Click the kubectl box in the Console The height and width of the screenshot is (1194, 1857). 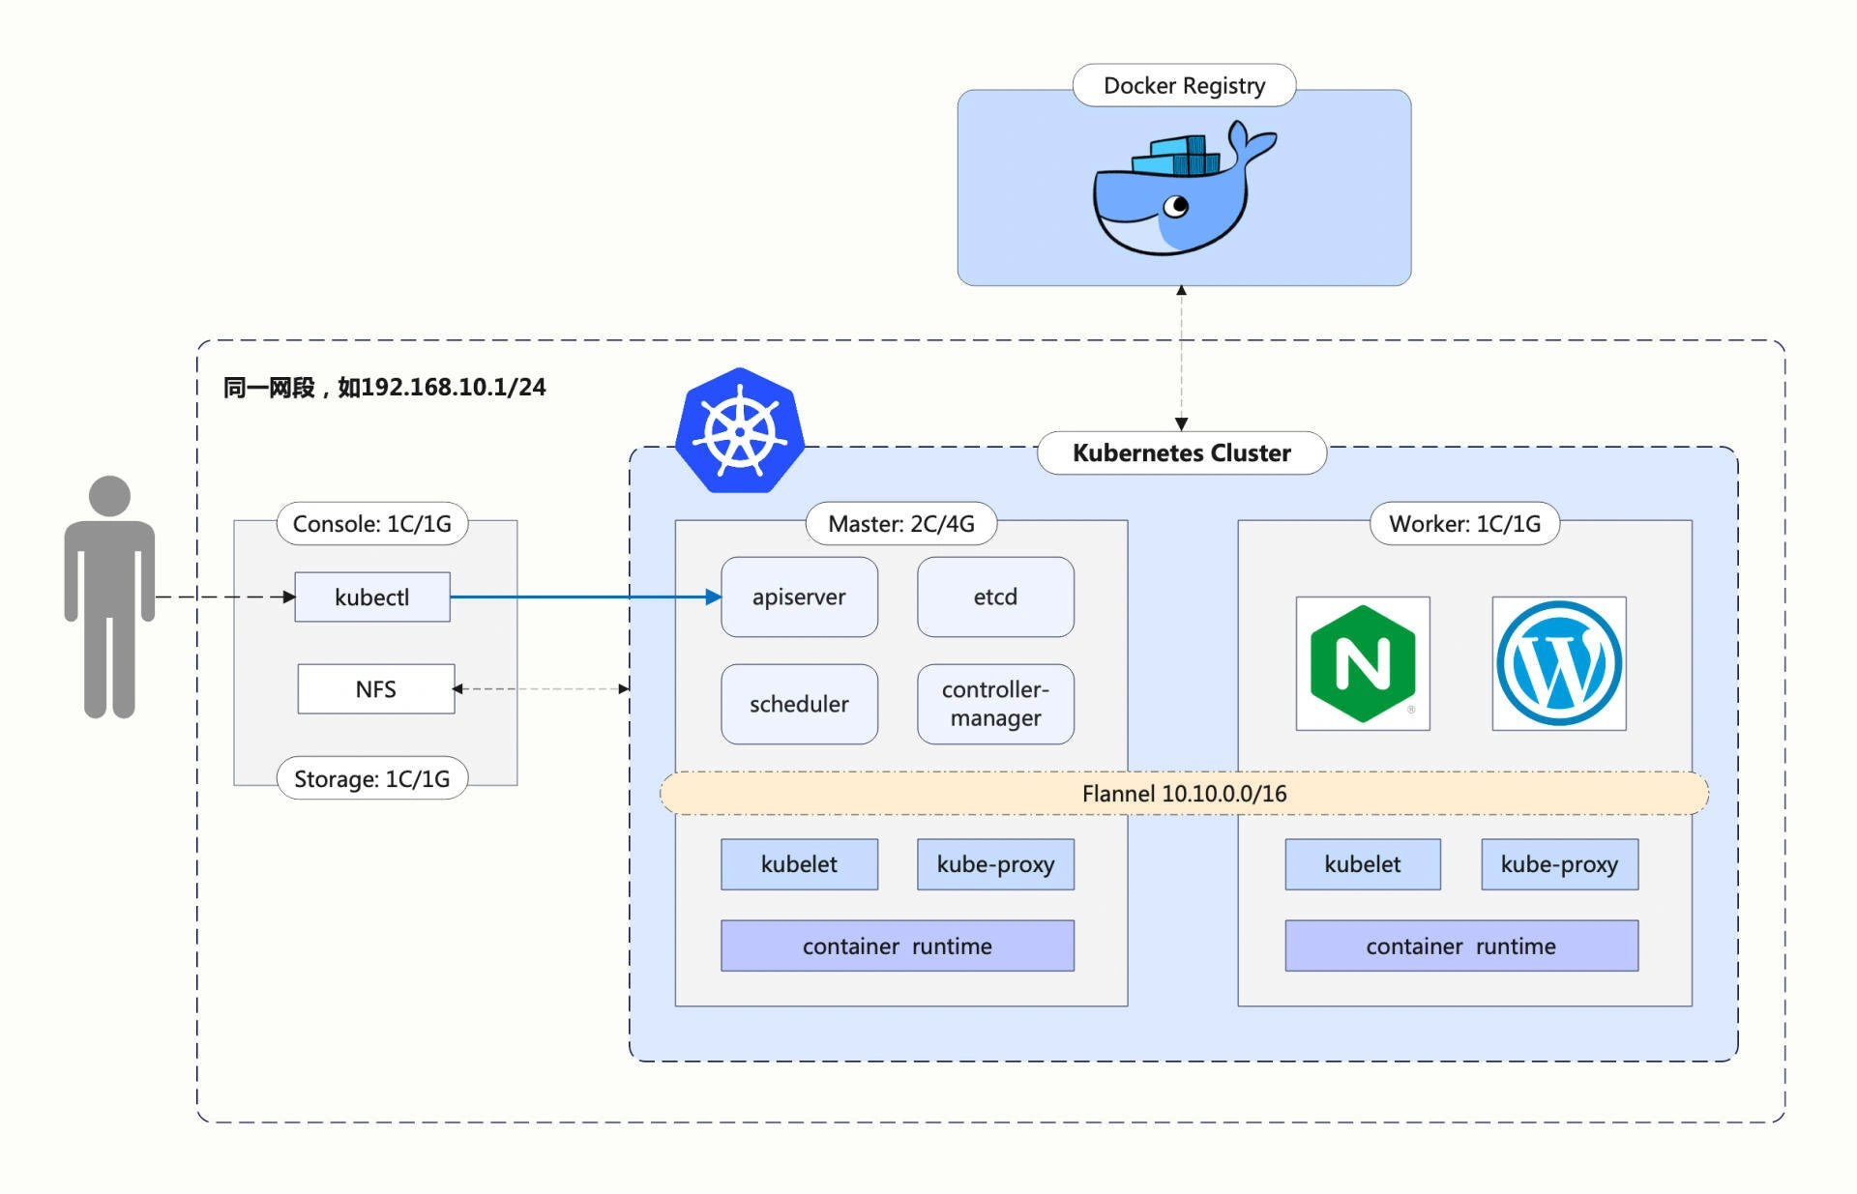pyautogui.click(x=372, y=597)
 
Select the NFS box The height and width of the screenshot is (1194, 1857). pyautogui.click(x=376, y=688)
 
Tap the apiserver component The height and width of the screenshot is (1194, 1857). pyautogui.click(x=800, y=597)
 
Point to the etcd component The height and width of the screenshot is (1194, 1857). pyautogui.click(x=995, y=597)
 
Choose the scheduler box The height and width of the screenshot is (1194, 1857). pyautogui.click(x=800, y=704)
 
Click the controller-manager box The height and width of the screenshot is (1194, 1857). pyautogui.click(x=995, y=704)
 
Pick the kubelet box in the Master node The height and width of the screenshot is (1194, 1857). pyautogui.click(x=800, y=864)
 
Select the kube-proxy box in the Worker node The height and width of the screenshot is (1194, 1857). pyautogui.click(x=1559, y=864)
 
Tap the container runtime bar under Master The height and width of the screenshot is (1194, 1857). pyautogui.click(x=898, y=946)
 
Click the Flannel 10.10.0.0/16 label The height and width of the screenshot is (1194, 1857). pyautogui.click(x=1184, y=794)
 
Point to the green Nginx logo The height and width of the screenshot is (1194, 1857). pyautogui.click(x=1363, y=663)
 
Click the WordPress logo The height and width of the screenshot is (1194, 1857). pyautogui.click(x=1559, y=663)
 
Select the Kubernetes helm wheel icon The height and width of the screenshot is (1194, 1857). pyautogui.click(x=740, y=430)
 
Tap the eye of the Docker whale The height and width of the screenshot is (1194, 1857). pyautogui.click(x=1176, y=206)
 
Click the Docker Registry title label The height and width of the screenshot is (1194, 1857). pyautogui.click(x=1184, y=85)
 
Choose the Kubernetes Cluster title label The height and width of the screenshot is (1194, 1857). pyautogui.click(x=1182, y=452)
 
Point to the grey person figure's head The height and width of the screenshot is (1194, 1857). pyautogui.click(x=109, y=495)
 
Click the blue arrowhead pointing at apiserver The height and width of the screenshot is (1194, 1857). pyautogui.click(x=714, y=597)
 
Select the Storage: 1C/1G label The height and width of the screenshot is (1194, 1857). pyautogui.click(x=372, y=778)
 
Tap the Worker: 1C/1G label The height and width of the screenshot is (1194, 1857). pyautogui.click(x=1465, y=523)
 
